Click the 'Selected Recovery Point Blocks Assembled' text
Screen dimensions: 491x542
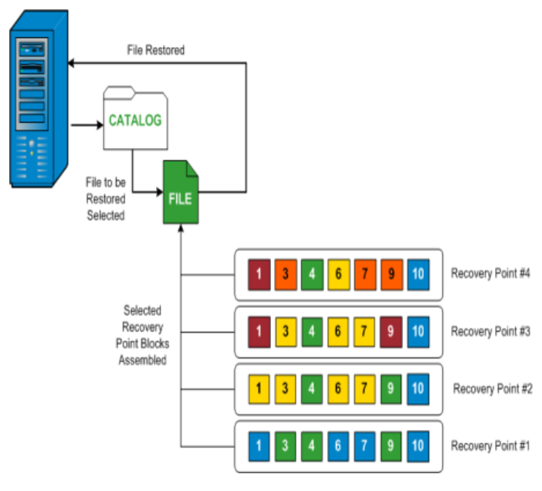click(x=143, y=334)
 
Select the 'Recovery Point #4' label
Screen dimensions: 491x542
click(x=492, y=273)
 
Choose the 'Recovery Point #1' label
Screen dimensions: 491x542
click(x=492, y=445)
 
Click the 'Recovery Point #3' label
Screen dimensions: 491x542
click(x=492, y=331)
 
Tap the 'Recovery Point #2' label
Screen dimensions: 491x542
click(x=493, y=388)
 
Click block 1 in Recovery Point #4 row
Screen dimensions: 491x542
click(x=259, y=274)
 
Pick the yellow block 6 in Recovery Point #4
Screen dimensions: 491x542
click(x=338, y=274)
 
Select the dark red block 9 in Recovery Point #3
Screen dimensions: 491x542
click(x=391, y=331)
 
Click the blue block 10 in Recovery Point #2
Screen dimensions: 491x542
click(x=418, y=388)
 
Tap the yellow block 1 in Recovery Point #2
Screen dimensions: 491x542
click(x=259, y=388)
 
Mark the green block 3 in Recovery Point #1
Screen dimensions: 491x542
click(x=285, y=445)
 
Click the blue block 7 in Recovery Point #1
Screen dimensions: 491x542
click(x=364, y=445)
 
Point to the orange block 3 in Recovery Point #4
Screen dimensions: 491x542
click(x=285, y=274)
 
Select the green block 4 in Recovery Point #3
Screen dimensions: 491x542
click(x=311, y=331)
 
